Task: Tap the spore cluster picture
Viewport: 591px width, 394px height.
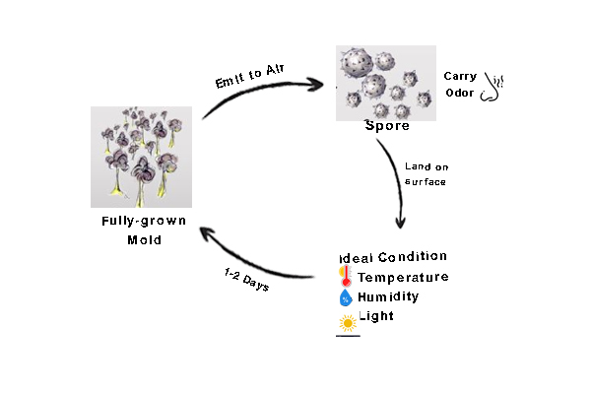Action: [x=386, y=83]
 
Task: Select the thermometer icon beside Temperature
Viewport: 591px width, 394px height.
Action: [x=346, y=276]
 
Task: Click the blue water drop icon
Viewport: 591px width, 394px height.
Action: [x=346, y=296]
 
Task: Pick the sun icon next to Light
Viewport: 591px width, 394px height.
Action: [x=347, y=322]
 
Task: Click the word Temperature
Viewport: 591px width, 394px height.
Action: [x=403, y=277]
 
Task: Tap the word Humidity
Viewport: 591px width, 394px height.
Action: [x=388, y=296]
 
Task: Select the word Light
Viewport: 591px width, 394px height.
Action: [x=375, y=316]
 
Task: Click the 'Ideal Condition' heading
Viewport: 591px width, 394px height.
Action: [x=393, y=256]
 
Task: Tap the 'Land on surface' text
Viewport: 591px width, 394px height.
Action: [x=426, y=173]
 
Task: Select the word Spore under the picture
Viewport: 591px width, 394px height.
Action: [x=387, y=126]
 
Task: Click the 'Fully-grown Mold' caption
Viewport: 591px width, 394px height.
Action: [x=144, y=230]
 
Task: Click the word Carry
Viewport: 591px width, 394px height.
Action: [x=460, y=75]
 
